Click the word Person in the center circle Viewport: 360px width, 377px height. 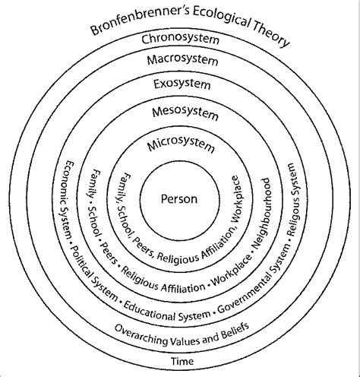click(179, 199)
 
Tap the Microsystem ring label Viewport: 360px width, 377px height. click(181, 145)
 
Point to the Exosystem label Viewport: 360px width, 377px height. click(182, 84)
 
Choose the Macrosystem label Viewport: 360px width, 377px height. click(182, 60)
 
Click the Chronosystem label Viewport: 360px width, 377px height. click(180, 40)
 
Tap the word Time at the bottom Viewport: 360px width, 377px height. click(182, 361)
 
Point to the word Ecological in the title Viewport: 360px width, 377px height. click(221, 17)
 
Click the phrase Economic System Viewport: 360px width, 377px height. click(67, 200)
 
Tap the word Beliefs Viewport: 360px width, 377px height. click(235, 331)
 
